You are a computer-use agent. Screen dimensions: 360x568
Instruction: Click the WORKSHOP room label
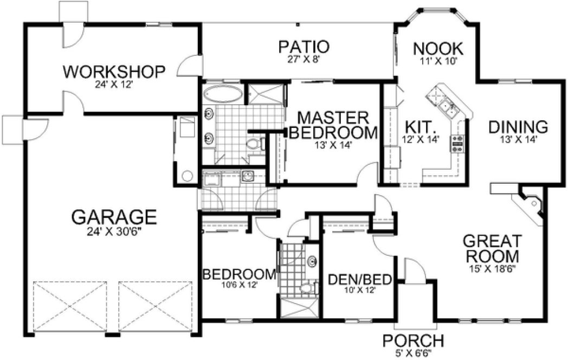(x=114, y=72)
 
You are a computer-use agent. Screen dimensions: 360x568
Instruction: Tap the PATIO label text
(x=304, y=47)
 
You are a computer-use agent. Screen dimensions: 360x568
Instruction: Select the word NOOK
(x=438, y=48)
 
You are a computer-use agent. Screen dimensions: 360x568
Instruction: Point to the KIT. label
(x=421, y=128)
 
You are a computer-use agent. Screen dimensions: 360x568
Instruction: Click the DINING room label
(x=518, y=127)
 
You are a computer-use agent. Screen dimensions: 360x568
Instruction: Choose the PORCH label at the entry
(x=413, y=341)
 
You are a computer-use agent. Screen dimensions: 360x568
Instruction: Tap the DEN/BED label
(x=360, y=279)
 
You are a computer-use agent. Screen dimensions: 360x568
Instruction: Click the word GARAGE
(x=114, y=217)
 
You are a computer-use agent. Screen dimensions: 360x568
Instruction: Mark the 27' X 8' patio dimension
(x=304, y=59)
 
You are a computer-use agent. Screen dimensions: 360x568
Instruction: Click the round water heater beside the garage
(x=188, y=176)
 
